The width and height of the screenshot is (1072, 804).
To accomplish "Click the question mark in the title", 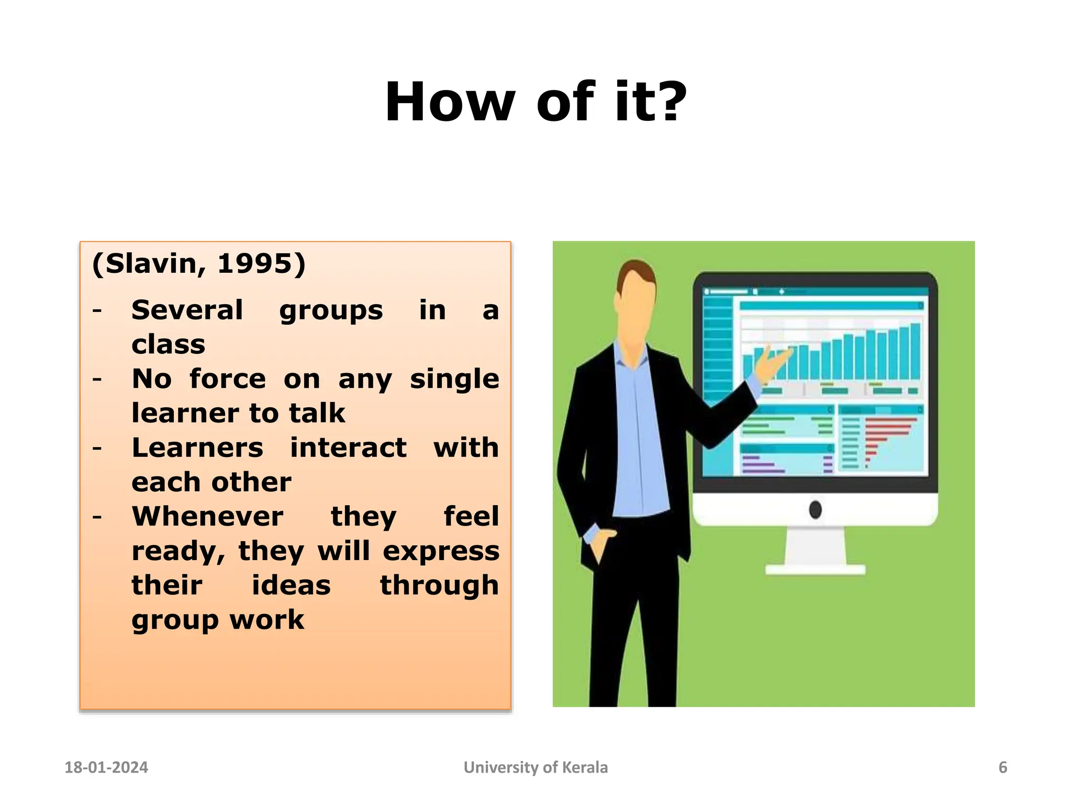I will click(x=668, y=102).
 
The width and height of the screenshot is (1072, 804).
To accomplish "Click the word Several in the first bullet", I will click(x=187, y=310).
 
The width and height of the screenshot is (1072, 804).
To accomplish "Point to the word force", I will click(x=228, y=378).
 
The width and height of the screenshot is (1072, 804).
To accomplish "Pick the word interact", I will click(x=348, y=448).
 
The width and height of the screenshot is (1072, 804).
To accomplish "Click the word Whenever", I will click(x=207, y=517).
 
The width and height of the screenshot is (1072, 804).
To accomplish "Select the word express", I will click(x=441, y=551).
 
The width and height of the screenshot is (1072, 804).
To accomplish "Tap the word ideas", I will click(x=291, y=585).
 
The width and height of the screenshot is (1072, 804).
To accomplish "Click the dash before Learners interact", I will click(x=97, y=448).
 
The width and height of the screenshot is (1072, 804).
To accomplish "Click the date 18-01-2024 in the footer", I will click(x=106, y=767).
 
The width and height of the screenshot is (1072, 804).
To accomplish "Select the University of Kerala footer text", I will click(x=535, y=767).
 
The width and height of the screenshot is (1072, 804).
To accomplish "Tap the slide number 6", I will click(x=1002, y=767).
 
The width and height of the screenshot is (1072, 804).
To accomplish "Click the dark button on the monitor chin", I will click(x=815, y=509).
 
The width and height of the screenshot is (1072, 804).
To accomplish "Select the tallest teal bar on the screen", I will click(x=915, y=351).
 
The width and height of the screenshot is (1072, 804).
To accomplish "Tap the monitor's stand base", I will click(x=815, y=569).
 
